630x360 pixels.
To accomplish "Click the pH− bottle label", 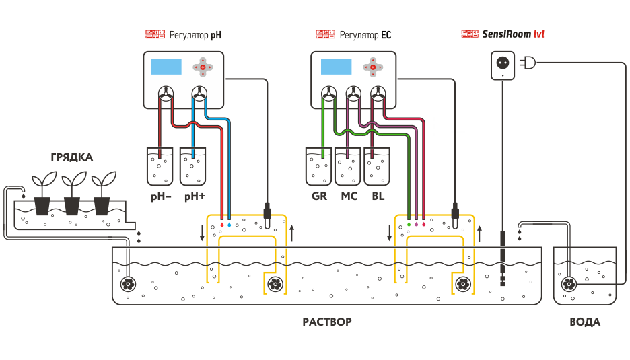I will tap(160, 196).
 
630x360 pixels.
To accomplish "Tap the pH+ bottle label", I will tap(194, 196).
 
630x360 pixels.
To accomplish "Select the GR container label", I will tap(319, 196).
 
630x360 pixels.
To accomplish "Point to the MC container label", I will tap(349, 196).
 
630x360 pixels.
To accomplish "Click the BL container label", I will tap(378, 196).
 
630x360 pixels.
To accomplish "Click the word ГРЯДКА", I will tap(71, 157).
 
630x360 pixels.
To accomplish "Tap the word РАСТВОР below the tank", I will tap(326, 322).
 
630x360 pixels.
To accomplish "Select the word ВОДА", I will tap(585, 322).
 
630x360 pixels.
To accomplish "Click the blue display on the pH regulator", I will tap(166, 67).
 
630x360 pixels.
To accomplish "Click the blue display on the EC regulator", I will tap(336, 67).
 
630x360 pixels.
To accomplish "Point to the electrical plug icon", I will tap(528, 63).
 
